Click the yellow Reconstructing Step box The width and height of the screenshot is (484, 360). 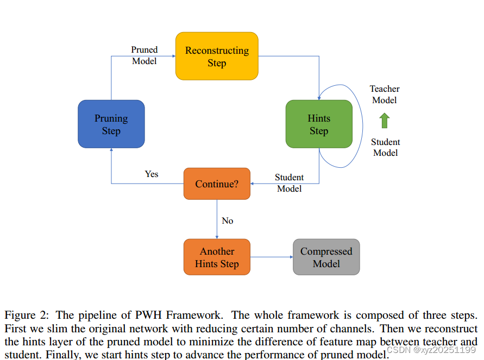tap(217, 56)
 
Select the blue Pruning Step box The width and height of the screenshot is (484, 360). tap(111, 124)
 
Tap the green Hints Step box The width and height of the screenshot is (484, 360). tap(319, 124)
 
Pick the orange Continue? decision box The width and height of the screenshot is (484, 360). tap(217, 184)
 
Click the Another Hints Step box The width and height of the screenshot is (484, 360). tap(217, 257)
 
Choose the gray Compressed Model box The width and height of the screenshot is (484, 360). tap(326, 257)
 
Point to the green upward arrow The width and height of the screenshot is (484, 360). tap(385, 121)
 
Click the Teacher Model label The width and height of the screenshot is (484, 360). tap(385, 94)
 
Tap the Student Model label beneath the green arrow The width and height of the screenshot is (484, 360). tap(385, 147)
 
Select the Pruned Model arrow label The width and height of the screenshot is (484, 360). tap(144, 55)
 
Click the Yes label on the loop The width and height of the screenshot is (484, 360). tap(152, 174)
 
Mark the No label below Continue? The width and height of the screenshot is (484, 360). tap(228, 220)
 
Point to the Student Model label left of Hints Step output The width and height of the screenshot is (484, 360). tap(289, 183)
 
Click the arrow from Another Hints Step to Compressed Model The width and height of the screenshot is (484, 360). tap(271, 257)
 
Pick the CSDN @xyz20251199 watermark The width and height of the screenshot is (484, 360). tap(431, 350)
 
